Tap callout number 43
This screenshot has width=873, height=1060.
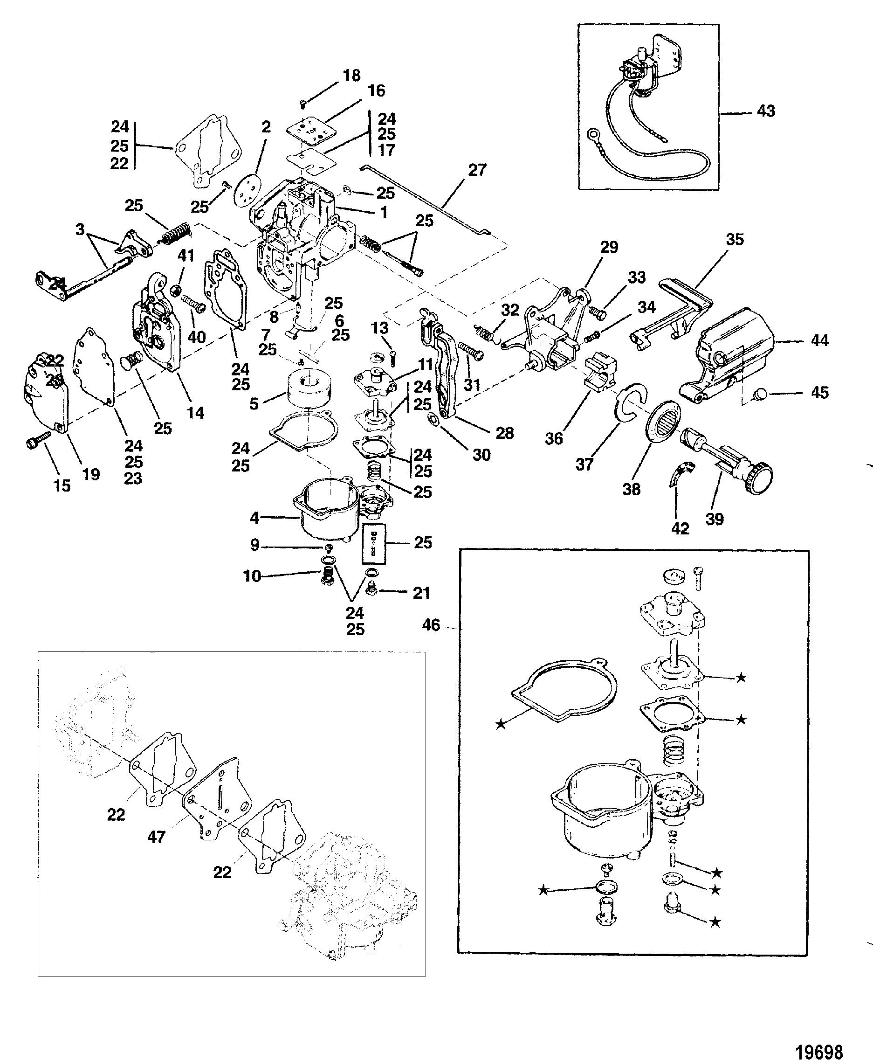[766, 111]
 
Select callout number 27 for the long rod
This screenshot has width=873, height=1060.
[477, 170]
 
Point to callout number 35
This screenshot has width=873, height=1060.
[735, 240]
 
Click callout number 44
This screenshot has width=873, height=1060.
[820, 340]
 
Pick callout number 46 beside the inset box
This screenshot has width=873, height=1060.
[432, 625]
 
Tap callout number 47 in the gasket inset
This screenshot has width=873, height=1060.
[157, 837]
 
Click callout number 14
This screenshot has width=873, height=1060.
[196, 413]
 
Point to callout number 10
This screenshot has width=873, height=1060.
[252, 576]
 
